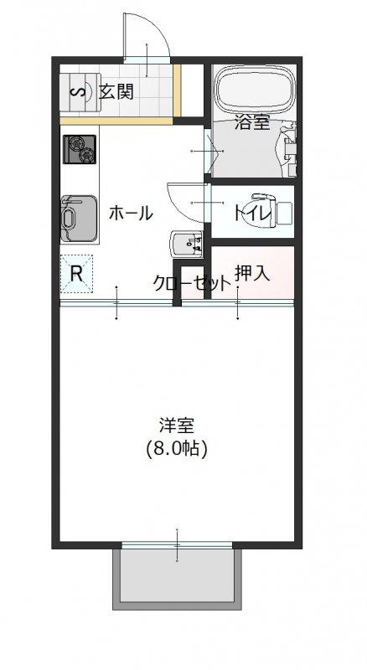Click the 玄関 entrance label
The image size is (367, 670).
(x=116, y=91)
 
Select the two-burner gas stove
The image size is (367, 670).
(x=80, y=149)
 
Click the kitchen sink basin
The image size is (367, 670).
(x=78, y=219)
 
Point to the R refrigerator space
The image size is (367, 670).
(x=76, y=274)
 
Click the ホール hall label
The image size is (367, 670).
(x=131, y=213)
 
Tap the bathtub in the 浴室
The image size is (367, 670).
(x=254, y=91)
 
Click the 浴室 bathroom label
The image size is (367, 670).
(x=252, y=123)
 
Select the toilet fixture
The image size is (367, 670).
(x=272, y=211)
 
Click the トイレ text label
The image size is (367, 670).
(x=251, y=212)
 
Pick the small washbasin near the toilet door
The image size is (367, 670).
(x=186, y=244)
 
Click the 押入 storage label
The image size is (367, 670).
(x=252, y=274)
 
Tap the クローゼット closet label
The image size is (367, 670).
(x=192, y=283)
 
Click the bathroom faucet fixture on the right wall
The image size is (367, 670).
(x=288, y=145)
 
